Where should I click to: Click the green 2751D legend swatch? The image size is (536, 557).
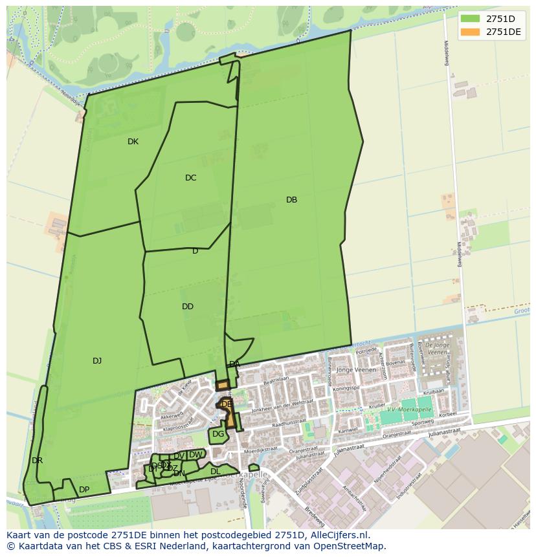pyautogui.click(x=470, y=19)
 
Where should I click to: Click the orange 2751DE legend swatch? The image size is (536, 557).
pyautogui.click(x=470, y=32)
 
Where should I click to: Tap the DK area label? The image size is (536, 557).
pyautogui.click(x=133, y=142)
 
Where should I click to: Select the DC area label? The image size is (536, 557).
pyautogui.click(x=190, y=178)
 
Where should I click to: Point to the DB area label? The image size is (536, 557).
pyautogui.click(x=291, y=200)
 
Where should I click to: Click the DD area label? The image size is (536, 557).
pyautogui.click(x=188, y=307)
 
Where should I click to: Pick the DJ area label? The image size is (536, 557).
pyautogui.click(x=97, y=361)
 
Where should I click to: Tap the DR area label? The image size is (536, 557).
pyautogui.click(x=37, y=461)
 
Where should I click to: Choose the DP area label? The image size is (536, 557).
pyautogui.click(x=84, y=489)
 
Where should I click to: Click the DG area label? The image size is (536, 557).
pyautogui.click(x=218, y=434)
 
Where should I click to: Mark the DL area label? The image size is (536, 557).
pyautogui.click(x=216, y=472)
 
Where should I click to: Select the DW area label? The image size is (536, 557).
pyautogui.click(x=195, y=455)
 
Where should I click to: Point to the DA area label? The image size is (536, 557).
pyautogui.click(x=234, y=364)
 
